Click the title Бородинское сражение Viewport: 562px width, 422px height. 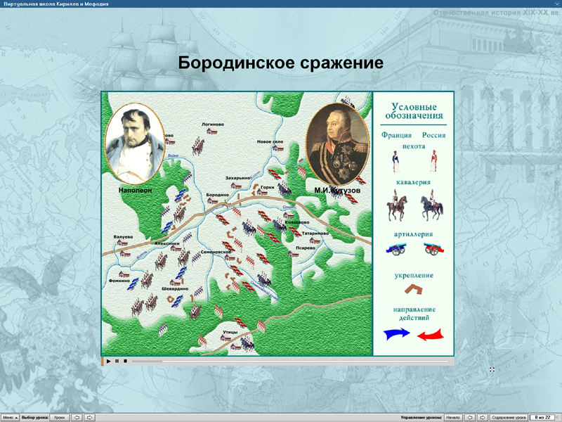(x=280, y=63)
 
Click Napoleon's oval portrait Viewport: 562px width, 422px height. (x=134, y=144)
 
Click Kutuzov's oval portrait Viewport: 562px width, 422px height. (x=338, y=144)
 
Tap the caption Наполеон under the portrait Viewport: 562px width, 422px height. (x=136, y=190)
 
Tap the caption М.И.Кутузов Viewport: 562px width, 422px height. (x=337, y=190)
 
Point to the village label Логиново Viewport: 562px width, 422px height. (x=212, y=124)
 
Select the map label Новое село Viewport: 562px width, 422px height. (x=270, y=141)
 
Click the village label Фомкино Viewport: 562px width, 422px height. (x=119, y=281)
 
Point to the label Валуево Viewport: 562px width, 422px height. (x=123, y=236)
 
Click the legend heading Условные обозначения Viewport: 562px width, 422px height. (x=418, y=110)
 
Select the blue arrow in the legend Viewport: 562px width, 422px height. (x=396, y=335)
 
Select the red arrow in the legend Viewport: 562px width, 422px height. (x=431, y=335)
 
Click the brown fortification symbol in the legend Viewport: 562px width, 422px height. (x=413, y=289)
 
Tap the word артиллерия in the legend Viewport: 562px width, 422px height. (x=413, y=234)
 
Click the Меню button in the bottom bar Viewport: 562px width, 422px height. (x=9, y=417)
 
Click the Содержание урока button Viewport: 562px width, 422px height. (x=508, y=417)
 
